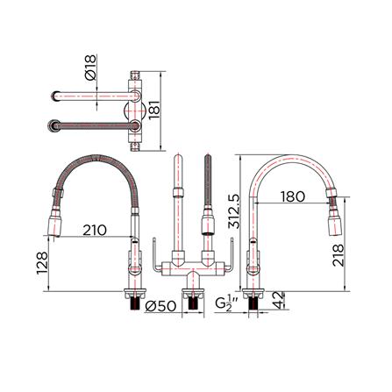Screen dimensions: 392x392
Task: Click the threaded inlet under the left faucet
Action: [133, 300]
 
